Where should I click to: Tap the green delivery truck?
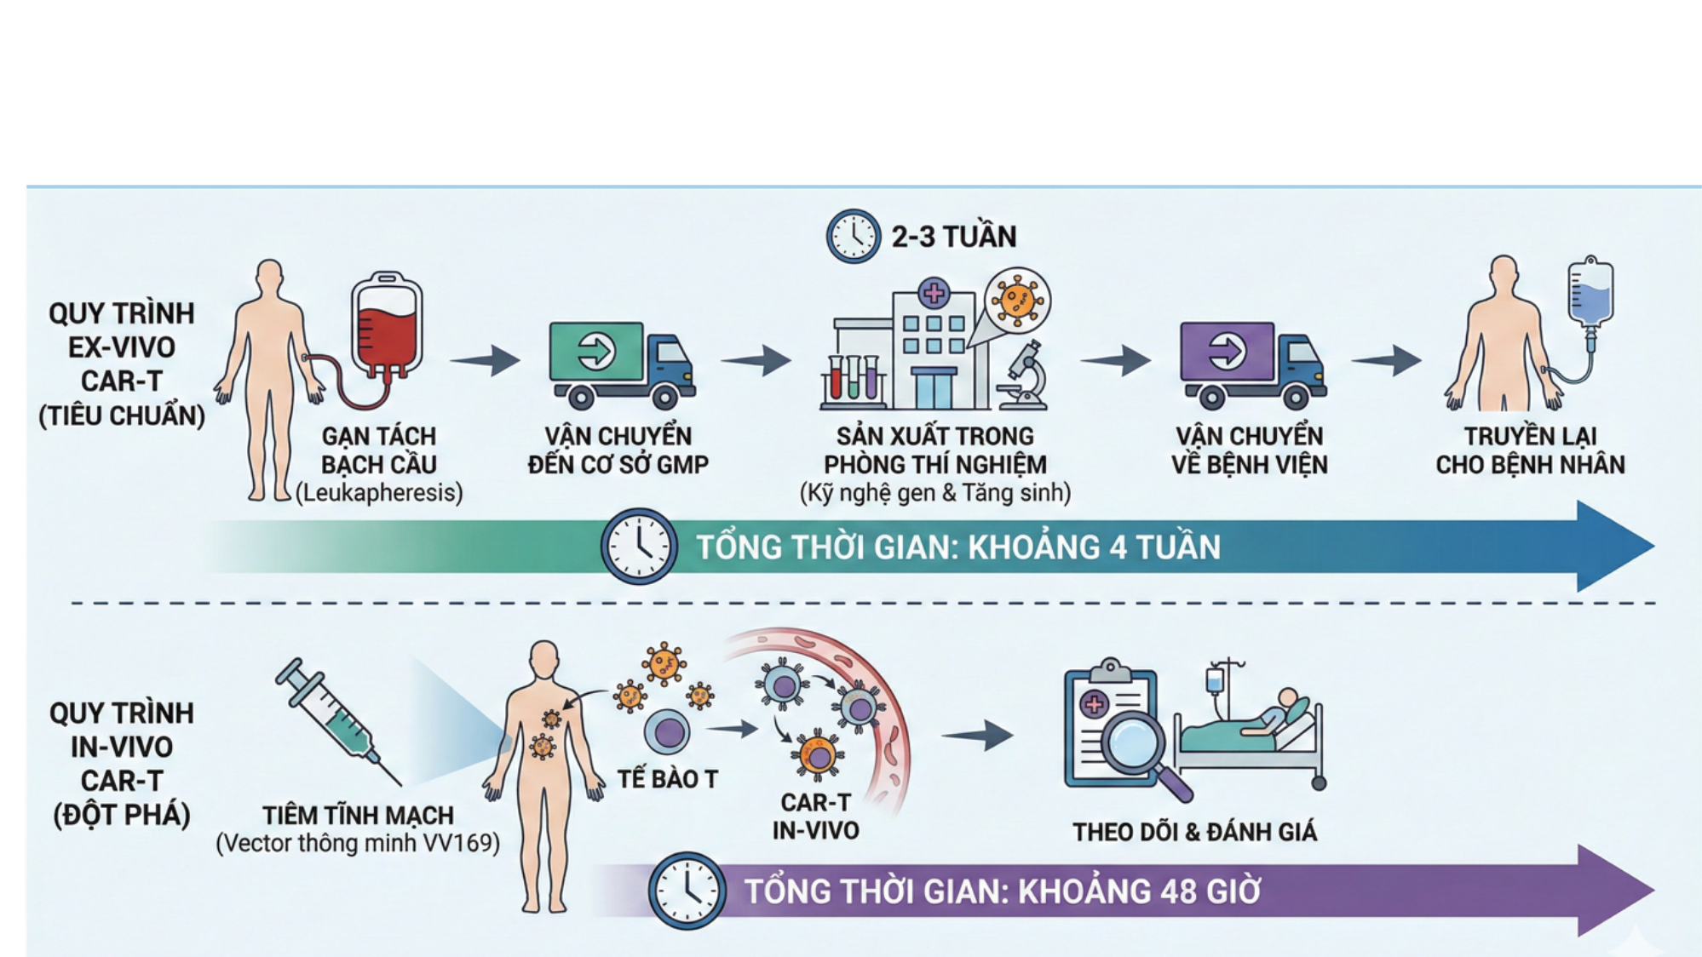[x=621, y=363]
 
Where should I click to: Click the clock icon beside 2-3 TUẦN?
[x=853, y=236]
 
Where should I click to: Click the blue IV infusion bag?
[x=1590, y=295]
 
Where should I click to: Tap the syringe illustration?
[x=335, y=719]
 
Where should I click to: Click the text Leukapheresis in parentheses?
[x=379, y=493]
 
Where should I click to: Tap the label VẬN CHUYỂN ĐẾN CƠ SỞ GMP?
[x=618, y=450]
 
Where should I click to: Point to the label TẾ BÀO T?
[x=667, y=779]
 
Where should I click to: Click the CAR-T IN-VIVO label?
[x=815, y=817]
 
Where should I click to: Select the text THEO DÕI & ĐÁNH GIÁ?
[x=1194, y=832]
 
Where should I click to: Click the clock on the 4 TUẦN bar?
[x=639, y=547]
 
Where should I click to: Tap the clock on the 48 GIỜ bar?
[x=687, y=891]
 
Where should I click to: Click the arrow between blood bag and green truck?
[x=486, y=360]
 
